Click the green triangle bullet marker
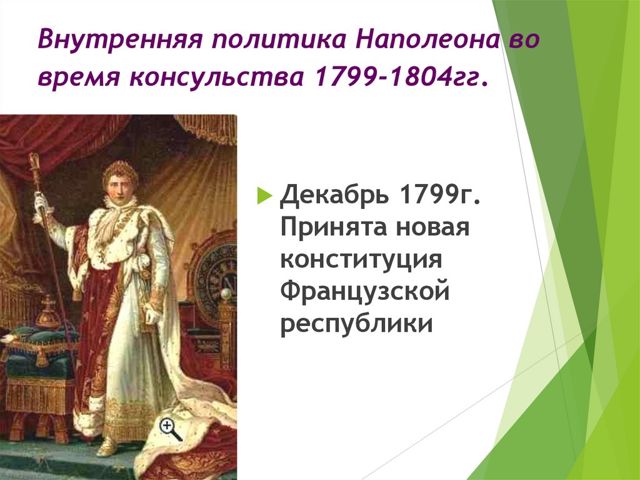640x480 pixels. click(x=265, y=196)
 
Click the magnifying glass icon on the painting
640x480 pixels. click(x=169, y=429)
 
